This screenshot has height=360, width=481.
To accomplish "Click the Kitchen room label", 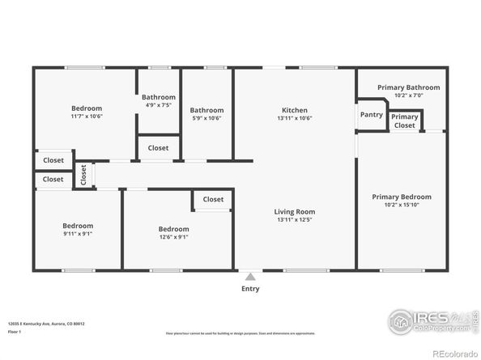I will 294,110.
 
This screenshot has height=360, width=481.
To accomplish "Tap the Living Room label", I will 294,211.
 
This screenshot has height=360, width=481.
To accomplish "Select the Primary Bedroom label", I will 402,197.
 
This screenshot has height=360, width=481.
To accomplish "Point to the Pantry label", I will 372,115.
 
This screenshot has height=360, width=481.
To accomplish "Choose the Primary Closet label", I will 405,121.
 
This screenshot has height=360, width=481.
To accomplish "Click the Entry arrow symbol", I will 250,275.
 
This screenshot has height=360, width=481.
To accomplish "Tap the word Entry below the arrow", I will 250,288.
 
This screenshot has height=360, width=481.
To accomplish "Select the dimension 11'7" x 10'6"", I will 87,116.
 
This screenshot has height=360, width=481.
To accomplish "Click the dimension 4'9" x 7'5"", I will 158,105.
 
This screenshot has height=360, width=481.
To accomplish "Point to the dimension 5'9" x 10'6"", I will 206,118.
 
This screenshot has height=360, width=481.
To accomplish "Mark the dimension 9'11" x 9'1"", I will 79,235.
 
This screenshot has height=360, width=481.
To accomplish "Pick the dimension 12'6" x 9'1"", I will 173,237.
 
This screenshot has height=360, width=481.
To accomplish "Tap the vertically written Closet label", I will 83,175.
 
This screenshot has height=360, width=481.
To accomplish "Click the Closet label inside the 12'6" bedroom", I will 213,199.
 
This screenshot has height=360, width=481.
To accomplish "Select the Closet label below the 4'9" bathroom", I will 158,148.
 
